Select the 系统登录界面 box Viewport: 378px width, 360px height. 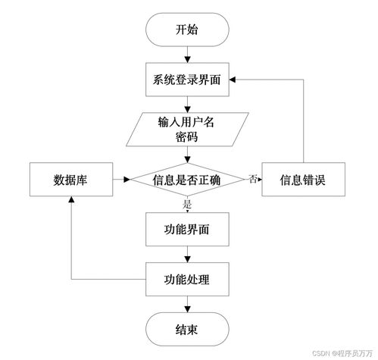pos(186,79)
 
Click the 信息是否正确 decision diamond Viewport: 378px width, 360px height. pos(187,180)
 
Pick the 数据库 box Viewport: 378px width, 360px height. pos(69,180)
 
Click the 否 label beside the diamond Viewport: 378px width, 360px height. pos(251,179)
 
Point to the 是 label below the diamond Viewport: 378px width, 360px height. pos(186,203)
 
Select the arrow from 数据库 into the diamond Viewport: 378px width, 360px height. pos(120,180)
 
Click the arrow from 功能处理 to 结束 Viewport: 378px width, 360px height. pos(186,305)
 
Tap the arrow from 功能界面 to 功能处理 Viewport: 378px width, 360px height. pos(186,255)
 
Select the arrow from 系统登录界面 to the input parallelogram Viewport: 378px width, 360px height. pos(186,104)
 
